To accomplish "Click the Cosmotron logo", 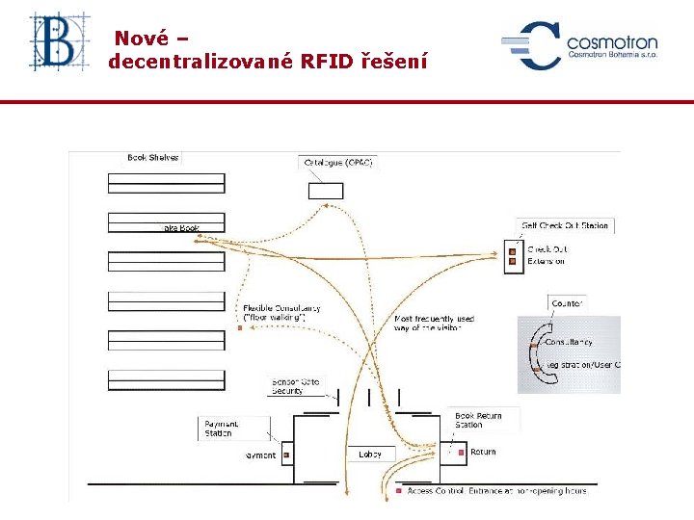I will [578, 45].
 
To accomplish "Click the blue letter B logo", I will [57, 41].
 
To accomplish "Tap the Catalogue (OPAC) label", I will [338, 163].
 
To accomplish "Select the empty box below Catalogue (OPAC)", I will [325, 190].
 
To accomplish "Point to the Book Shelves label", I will [153, 157].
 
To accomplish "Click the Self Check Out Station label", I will [565, 225].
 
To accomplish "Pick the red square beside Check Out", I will [513, 249].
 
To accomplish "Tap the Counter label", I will [567, 303].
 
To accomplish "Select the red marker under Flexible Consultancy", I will [240, 328].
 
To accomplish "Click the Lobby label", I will [370, 454].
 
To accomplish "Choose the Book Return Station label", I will [478, 420].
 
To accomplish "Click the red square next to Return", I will [462, 452].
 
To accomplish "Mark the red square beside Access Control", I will [399, 491].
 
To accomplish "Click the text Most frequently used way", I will [434, 323].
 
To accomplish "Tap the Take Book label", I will [180, 228].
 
